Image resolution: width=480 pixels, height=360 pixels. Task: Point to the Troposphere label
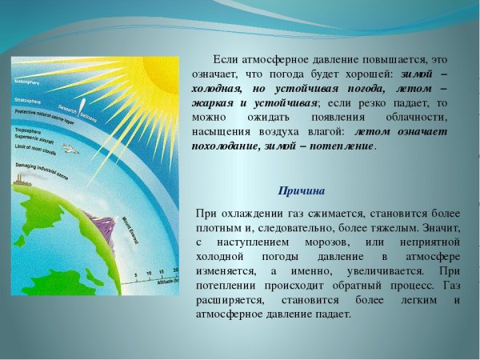point(30,128)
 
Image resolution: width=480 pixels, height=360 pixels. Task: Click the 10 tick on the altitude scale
point(148,274)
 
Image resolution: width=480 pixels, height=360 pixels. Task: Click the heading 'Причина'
point(302,190)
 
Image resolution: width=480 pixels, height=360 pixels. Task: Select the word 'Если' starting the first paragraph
point(226,60)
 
